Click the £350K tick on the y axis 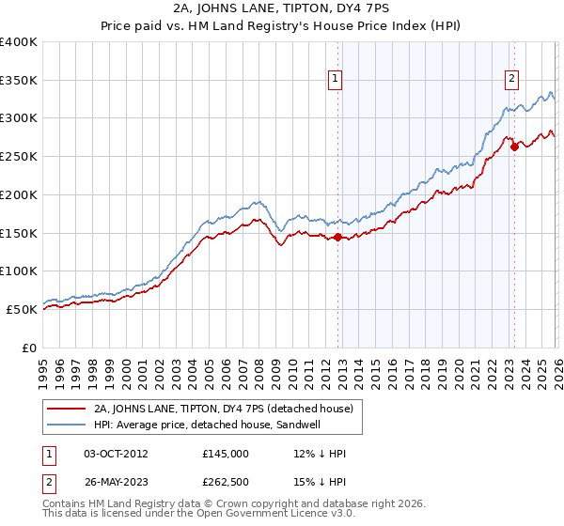click(x=19, y=81)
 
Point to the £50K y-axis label click(x=22, y=309)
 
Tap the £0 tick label click(x=30, y=348)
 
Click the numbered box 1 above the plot click(x=337, y=80)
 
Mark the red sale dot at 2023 click(x=515, y=147)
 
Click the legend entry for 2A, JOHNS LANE click(x=223, y=409)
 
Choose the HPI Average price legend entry click(x=209, y=425)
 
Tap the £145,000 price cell click(x=226, y=454)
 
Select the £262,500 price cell click(x=226, y=482)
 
